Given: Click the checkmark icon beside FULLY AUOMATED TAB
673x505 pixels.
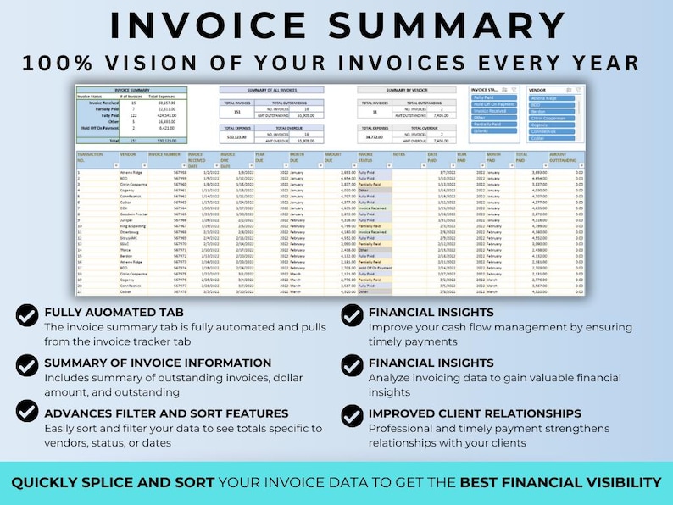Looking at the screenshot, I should point(27,315).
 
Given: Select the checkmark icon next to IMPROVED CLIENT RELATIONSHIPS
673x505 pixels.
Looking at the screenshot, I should point(352,415).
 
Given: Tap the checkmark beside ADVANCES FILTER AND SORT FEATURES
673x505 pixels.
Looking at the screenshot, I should point(27,411).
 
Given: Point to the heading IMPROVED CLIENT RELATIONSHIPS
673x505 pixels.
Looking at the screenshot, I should point(475,413).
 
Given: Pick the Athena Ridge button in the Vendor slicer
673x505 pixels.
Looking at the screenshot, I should point(552,97).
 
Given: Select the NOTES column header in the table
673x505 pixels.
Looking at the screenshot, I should point(399,153).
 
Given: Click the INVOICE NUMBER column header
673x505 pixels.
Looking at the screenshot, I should point(164,153).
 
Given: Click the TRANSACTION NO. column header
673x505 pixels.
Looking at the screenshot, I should point(92,157).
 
